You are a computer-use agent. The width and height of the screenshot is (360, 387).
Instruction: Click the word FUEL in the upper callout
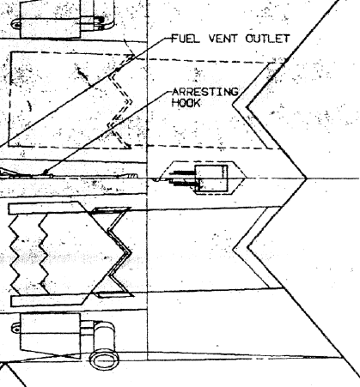point(186,39)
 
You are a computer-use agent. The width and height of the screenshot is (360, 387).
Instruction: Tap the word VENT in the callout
point(223,39)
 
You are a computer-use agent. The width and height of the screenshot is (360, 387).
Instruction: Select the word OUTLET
point(267,39)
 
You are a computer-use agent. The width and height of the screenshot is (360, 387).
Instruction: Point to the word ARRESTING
point(205,92)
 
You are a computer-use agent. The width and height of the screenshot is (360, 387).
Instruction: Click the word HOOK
point(186,103)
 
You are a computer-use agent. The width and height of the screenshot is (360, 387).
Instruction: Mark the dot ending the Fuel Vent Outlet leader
point(118,70)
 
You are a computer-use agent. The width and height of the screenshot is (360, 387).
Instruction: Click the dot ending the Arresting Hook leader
point(46,172)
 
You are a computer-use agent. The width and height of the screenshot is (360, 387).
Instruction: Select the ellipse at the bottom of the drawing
point(104,360)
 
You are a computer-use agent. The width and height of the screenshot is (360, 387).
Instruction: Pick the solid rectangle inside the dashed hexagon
point(211,178)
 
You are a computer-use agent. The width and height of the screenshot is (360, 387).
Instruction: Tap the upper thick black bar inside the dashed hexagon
point(182,172)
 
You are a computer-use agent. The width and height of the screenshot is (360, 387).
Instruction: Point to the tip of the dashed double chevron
point(132,101)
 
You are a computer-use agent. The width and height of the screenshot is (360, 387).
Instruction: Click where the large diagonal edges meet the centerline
point(307,178)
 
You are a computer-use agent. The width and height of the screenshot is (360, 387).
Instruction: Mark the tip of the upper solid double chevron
point(233,105)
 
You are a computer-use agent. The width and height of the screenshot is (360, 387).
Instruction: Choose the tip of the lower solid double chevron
point(234,249)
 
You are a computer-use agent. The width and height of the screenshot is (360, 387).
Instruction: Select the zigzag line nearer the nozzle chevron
point(44,255)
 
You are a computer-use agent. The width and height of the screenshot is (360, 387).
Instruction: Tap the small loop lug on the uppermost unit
point(16,24)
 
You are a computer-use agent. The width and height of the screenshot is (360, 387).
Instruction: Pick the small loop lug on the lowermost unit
point(16,328)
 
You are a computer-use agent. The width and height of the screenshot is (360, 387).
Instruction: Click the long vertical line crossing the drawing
point(148,180)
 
